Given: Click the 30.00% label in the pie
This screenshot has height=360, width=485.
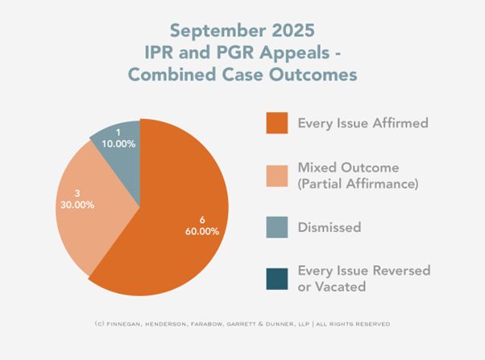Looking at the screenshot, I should pos(77,205).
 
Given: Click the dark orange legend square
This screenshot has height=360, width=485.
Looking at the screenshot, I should pos(276,124).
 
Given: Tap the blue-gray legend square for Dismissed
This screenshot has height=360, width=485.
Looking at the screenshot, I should pos(276,227).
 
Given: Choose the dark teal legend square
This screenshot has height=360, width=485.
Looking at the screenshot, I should pos(276,277).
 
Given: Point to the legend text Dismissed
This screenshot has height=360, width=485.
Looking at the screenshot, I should pos(330,227).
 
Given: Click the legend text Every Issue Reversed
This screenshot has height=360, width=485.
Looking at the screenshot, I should pos(363,270).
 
